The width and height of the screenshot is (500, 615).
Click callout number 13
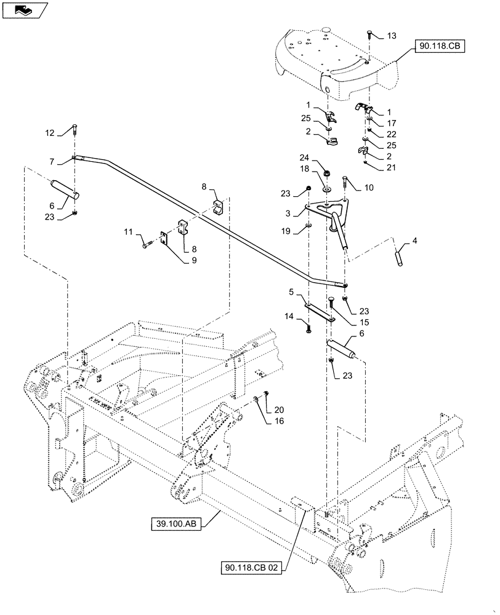click(392, 36)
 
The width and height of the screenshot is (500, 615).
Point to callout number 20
click(279, 410)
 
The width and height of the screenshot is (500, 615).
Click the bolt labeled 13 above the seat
click(368, 32)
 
